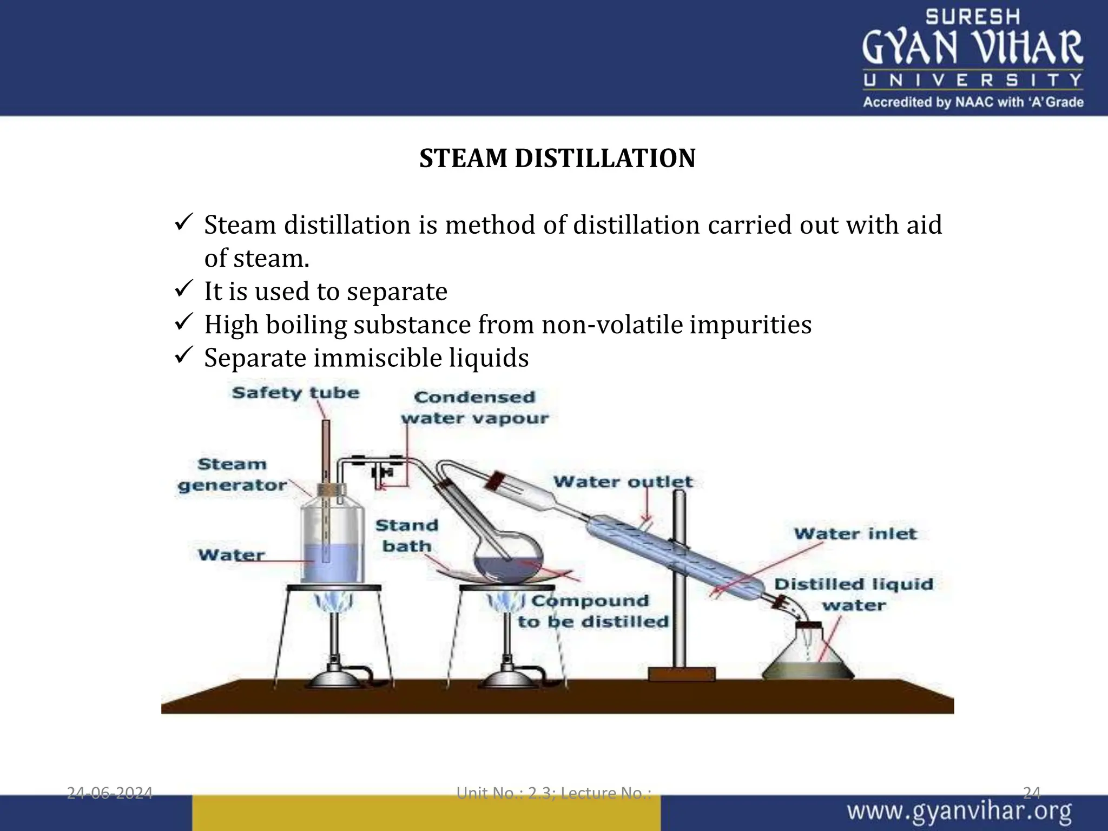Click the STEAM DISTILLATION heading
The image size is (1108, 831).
(x=557, y=159)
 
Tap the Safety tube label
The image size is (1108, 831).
(x=295, y=393)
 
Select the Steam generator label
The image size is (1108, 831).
(x=232, y=474)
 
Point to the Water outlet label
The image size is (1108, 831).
(x=623, y=482)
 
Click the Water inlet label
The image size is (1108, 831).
(x=855, y=533)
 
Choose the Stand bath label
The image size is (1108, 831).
(x=407, y=536)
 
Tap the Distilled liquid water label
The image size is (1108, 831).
(x=854, y=594)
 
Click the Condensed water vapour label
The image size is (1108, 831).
(x=474, y=407)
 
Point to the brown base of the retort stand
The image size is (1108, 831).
(x=682, y=674)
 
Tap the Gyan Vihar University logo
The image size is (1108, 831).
(x=972, y=58)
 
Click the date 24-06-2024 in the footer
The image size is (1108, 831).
(x=109, y=793)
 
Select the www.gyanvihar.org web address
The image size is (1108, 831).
(x=959, y=812)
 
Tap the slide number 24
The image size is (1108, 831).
(x=1032, y=793)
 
